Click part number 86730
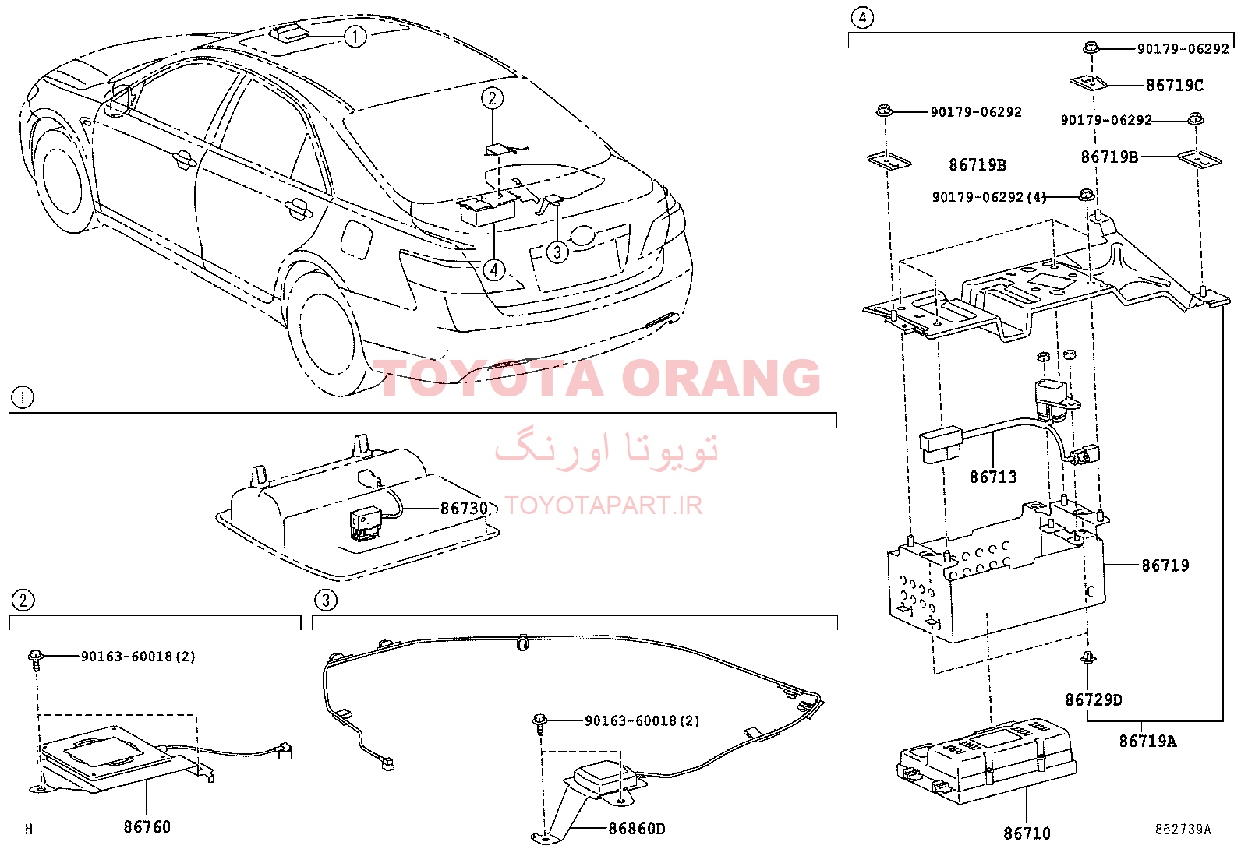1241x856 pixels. [465, 509]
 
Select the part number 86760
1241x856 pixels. [147, 826]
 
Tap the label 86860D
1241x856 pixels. [637, 828]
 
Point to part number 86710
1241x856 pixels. [1027, 833]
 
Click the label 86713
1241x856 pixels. [993, 477]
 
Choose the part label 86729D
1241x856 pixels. [1094, 700]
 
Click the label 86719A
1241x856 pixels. [1147, 741]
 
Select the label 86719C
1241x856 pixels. [1175, 85]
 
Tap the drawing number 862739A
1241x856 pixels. [1183, 830]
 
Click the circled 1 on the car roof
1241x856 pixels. [355, 37]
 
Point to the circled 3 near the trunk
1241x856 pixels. [557, 252]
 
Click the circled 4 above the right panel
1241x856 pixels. [862, 18]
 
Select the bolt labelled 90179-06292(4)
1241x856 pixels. [1086, 195]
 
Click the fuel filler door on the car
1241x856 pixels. [355, 238]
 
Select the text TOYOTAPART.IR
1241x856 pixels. [603, 505]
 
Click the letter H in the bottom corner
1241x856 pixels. [29, 829]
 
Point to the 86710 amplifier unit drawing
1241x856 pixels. [986, 761]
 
